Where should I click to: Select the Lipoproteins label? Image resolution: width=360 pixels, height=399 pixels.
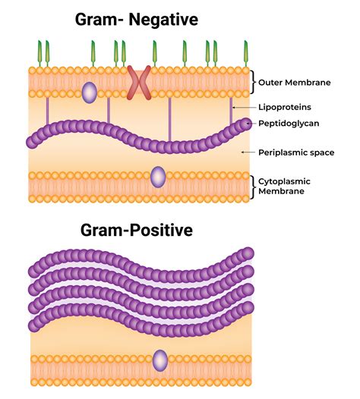285,107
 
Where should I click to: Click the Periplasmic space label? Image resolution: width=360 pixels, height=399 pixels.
295,152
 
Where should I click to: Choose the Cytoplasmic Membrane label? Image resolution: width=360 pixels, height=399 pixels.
285,186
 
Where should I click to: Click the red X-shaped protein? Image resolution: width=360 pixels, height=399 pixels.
139,83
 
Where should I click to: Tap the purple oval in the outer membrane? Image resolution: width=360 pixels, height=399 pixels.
90,93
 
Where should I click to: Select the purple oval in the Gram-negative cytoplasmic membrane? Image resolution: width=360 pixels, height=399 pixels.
157,177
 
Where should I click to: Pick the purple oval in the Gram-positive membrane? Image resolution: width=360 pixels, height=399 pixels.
159,360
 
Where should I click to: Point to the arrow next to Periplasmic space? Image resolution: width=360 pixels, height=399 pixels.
245,152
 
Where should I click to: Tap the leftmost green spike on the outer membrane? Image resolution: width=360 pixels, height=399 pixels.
39,52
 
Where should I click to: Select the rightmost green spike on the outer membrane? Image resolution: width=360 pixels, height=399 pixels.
245,52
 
